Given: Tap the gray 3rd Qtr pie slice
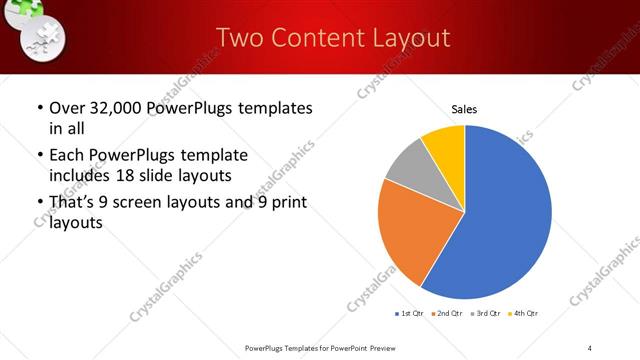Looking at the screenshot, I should (x=410, y=164).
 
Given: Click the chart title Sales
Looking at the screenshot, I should (x=464, y=108).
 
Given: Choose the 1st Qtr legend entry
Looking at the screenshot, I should (x=410, y=314).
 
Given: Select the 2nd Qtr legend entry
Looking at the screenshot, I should (x=448, y=314).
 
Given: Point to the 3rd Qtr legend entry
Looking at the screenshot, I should (x=486, y=314).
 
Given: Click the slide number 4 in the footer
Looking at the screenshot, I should (x=590, y=347).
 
